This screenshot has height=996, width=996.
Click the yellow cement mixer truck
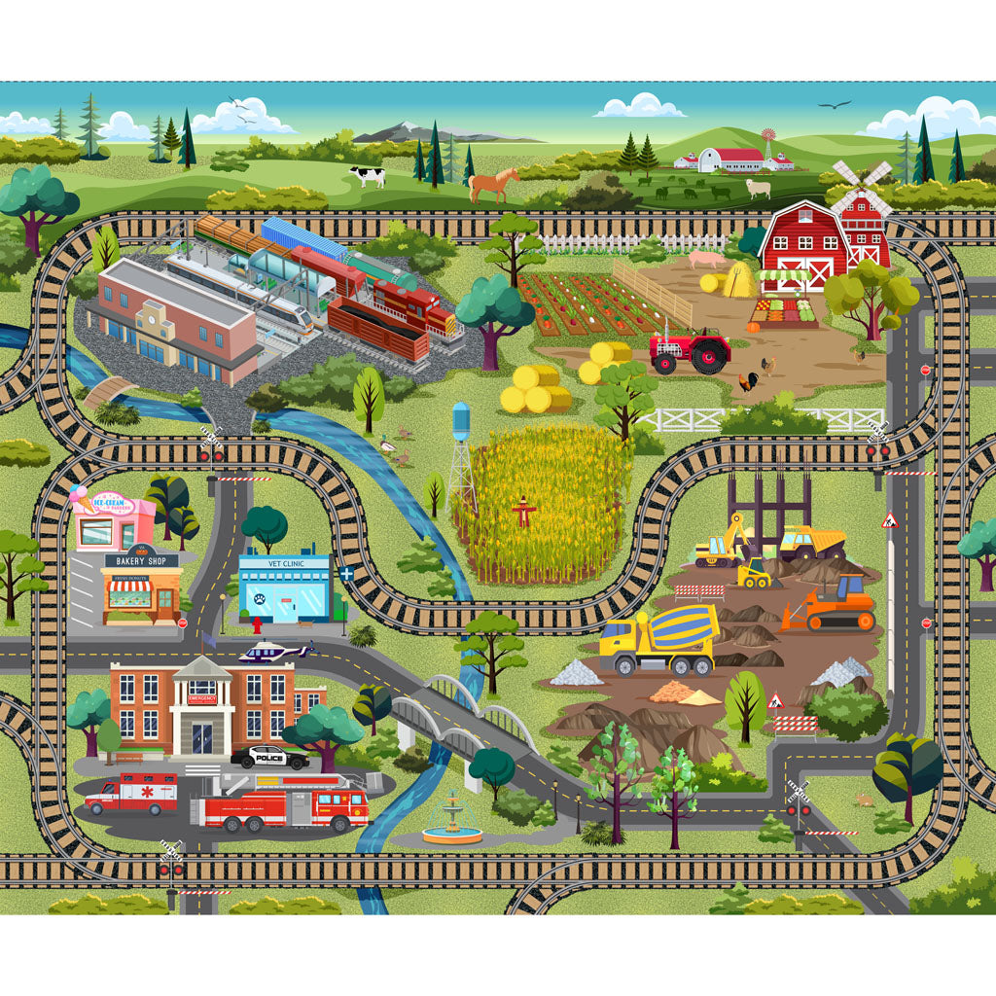tap(658, 640)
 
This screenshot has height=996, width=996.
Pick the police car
tap(269, 756)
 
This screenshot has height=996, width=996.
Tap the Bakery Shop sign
tap(141, 560)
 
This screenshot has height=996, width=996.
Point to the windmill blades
tap(861, 188)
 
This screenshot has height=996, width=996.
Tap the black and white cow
tap(367, 176)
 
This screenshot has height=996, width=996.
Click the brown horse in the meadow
tap(494, 183)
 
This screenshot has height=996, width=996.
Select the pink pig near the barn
tap(707, 259)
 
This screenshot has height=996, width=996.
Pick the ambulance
tap(131, 792)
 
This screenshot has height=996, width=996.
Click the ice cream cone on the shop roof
tap(82, 499)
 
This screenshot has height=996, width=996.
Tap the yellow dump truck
tap(809, 543)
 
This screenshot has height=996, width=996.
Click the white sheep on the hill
tap(758, 188)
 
